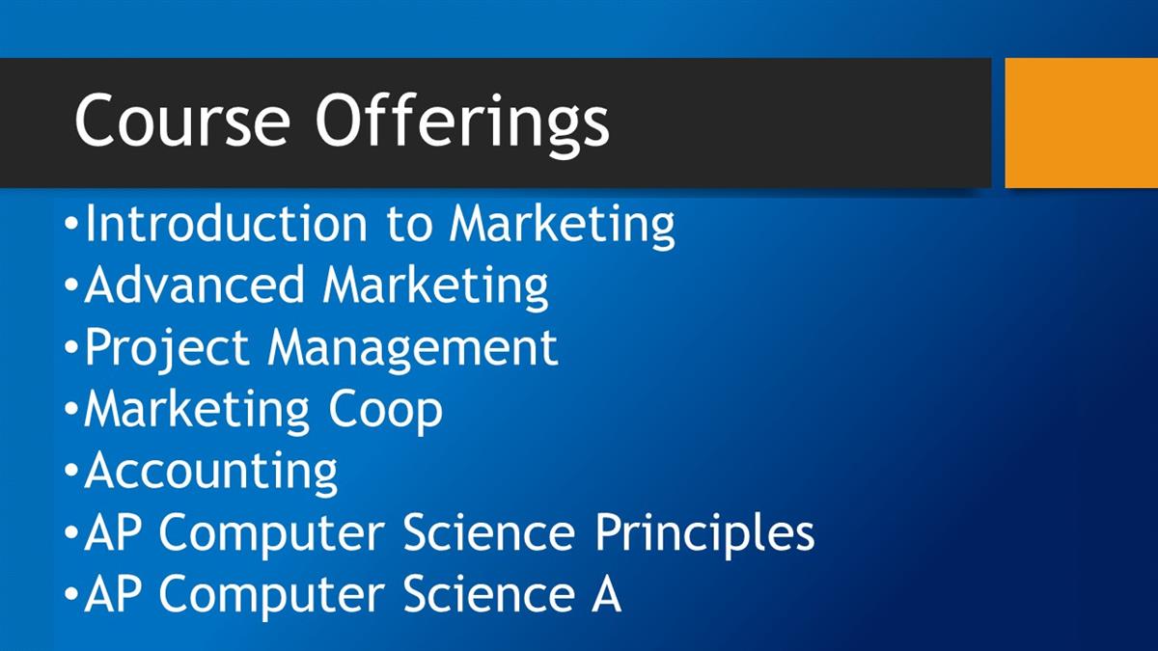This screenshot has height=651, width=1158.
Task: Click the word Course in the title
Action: [x=182, y=120]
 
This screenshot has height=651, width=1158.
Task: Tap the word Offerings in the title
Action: [x=462, y=124]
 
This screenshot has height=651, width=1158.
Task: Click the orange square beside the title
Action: [x=1082, y=123]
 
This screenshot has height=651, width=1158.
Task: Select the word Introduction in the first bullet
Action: [x=226, y=223]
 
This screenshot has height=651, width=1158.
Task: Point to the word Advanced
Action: [x=194, y=285]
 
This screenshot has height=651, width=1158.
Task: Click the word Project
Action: [x=167, y=349]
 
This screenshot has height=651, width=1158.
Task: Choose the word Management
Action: [x=413, y=349]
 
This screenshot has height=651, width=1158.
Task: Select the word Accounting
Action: [x=211, y=473]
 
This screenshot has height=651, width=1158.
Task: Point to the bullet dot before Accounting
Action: [x=71, y=471]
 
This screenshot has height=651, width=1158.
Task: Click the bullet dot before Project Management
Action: [x=71, y=346]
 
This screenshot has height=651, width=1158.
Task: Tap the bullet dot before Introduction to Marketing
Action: [x=71, y=223]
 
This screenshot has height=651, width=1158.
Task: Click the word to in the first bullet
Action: [x=408, y=226]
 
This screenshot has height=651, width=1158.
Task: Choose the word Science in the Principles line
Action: [x=489, y=532]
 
